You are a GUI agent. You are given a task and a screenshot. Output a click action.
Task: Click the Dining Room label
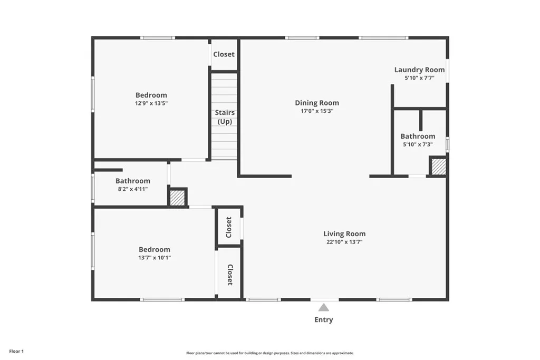[316, 103]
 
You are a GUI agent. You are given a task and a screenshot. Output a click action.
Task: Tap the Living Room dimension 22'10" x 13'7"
[344, 242]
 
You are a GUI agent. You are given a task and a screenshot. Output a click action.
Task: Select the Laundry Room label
[419, 70]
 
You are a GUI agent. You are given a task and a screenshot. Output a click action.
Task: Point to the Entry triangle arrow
[323, 307]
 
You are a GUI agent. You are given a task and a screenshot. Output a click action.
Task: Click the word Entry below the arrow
[323, 319]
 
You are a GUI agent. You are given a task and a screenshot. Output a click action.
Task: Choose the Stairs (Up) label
[225, 117]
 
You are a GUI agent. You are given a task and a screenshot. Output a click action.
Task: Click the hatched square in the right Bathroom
[439, 167]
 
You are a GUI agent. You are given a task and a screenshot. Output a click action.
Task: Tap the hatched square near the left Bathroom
[178, 198]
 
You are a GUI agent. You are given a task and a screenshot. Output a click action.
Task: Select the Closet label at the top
[224, 54]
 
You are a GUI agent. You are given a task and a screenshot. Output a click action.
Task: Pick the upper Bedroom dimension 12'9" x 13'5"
[151, 103]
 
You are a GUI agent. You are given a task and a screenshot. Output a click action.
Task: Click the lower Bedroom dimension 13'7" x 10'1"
[154, 258]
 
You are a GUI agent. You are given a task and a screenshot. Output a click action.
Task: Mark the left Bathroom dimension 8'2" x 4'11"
[132, 189]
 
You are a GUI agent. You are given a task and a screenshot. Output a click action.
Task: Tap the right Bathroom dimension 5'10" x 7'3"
[418, 144]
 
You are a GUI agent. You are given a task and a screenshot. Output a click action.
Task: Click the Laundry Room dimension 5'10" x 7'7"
[419, 78]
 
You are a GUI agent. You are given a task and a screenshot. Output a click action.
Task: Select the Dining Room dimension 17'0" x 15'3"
[316, 111]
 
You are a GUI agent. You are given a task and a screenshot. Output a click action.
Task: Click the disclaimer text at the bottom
[269, 353]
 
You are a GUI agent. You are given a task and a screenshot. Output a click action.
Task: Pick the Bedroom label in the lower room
[154, 249]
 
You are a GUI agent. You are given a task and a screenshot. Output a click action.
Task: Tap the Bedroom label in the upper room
[151, 95]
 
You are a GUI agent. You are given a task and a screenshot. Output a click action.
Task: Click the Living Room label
[344, 233]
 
